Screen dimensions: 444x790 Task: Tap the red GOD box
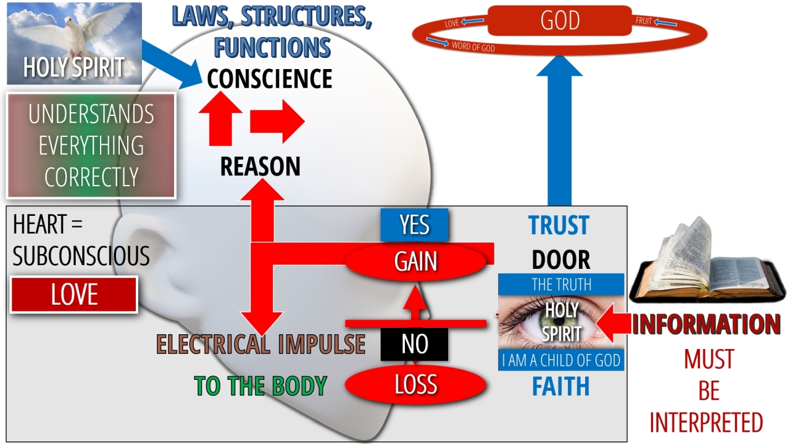coord(560,21)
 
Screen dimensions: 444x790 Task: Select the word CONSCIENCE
coord(270,79)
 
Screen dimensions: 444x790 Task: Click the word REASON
coord(260,166)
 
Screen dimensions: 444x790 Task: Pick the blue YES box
coord(414,225)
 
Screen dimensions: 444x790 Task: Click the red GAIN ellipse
coord(416,261)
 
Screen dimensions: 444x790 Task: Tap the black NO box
coord(414,344)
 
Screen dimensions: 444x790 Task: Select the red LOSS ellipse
coord(416,385)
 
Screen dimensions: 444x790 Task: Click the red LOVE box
coord(74,295)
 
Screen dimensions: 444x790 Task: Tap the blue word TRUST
coord(559,226)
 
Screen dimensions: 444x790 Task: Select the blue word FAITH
coord(560,387)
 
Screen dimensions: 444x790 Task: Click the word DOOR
coord(560,260)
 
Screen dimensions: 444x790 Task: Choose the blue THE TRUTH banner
coord(561,284)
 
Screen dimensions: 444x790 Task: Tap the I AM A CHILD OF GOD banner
coord(561,361)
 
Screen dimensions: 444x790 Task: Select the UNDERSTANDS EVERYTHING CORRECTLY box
coord(91,146)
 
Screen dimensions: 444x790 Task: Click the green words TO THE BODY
coord(260,385)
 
